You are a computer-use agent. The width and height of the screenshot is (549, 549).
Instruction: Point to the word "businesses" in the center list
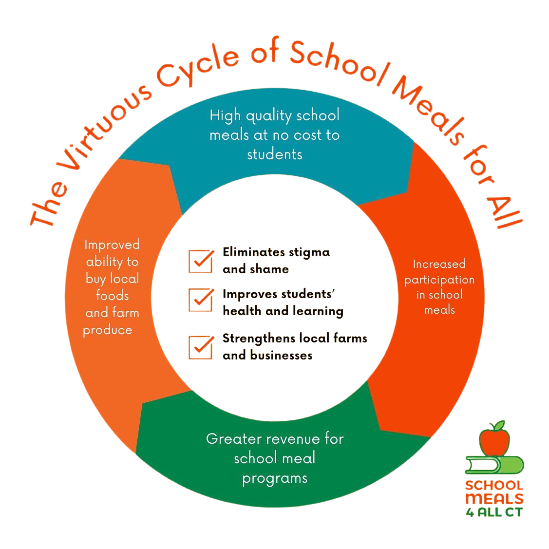(281, 355)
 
